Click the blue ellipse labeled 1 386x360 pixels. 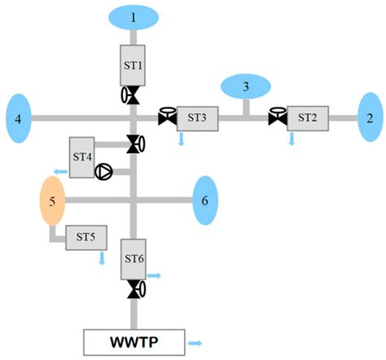click(135, 16)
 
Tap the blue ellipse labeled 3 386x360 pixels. click(246, 86)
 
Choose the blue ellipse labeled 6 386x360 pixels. click(205, 200)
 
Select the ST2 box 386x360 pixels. click(307, 117)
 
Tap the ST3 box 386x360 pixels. click(197, 117)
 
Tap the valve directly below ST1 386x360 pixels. click(132, 95)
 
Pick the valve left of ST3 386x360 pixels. click(167, 116)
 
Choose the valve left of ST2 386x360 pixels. click(277, 116)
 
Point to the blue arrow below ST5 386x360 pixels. click(102, 258)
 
